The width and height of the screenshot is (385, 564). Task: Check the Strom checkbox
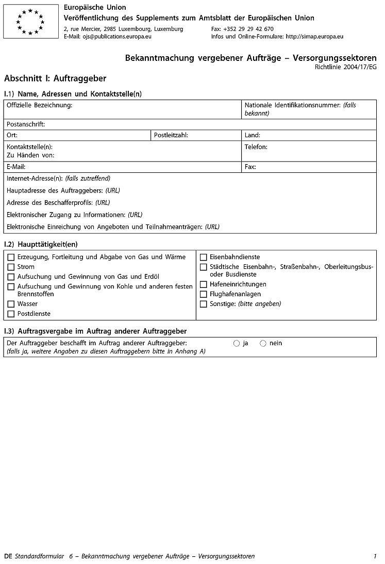pos(11,267)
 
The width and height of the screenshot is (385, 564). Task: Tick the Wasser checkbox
pos(11,304)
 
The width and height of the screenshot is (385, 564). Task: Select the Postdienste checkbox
pos(11,314)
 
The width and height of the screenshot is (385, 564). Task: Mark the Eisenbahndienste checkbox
pos(204,257)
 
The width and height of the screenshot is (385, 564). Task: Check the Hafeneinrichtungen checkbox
pos(204,284)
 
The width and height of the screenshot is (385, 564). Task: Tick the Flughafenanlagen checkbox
pos(204,294)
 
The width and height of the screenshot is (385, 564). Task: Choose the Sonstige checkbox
pos(204,304)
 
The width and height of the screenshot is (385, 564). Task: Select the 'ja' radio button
pos(237,343)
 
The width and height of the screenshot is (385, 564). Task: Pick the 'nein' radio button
pos(263,343)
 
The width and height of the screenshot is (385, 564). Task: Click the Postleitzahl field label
pos(171,135)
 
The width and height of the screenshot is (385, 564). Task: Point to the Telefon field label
pos(256,147)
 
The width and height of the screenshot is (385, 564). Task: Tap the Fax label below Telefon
pos(250,167)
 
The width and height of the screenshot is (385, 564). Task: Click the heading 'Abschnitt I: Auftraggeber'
pos(55,78)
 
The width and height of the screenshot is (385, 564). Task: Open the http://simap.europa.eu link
pos(314,37)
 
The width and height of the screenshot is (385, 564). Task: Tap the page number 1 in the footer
pos(375,556)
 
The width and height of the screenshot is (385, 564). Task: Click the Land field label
pos(253,135)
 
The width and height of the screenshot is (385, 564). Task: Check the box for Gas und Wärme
pos(11,257)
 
